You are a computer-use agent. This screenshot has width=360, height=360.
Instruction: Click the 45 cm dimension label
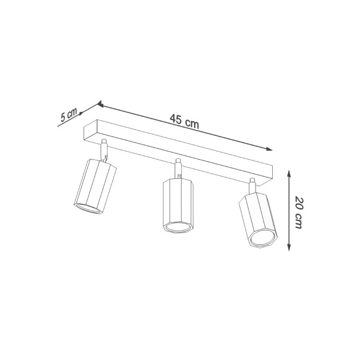184,121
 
